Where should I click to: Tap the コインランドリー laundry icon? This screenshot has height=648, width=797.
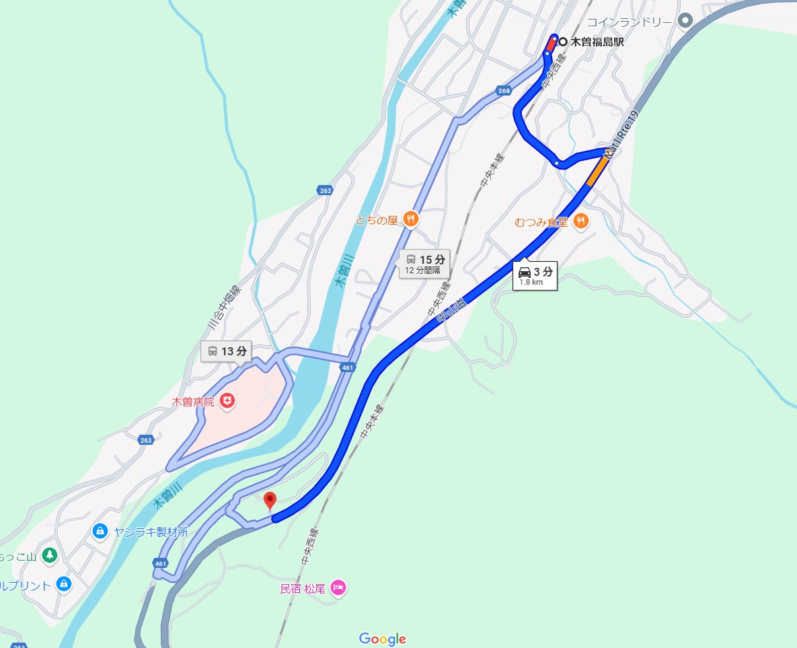(685, 21)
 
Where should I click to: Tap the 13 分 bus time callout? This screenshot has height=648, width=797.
(227, 351)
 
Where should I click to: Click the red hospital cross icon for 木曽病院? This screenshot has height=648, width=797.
(229, 401)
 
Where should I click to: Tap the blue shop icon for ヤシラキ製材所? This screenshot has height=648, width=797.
(100, 532)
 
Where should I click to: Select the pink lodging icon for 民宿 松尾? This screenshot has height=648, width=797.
(338, 588)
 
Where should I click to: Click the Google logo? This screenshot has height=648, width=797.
(382, 639)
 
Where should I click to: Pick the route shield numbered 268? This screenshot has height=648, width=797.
(504, 91)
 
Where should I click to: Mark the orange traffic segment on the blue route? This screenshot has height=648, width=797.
(597, 172)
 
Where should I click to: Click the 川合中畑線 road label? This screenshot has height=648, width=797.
(223, 306)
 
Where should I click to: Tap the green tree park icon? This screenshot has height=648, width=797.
(48, 556)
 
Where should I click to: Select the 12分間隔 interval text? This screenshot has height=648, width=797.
(422, 271)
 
